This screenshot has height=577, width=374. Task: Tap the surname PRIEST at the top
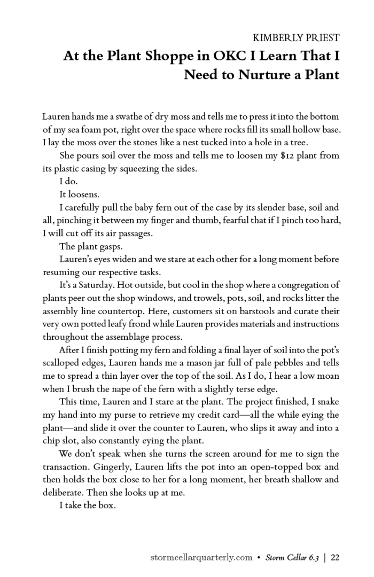[320, 38]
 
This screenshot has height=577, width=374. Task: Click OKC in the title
[216, 56]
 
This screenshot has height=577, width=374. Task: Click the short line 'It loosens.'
[79, 194]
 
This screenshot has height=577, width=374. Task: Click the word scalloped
[61, 363]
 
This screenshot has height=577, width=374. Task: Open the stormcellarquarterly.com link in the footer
[201, 557]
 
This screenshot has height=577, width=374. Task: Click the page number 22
[336, 557]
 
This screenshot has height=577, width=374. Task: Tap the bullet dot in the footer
[259, 558]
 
